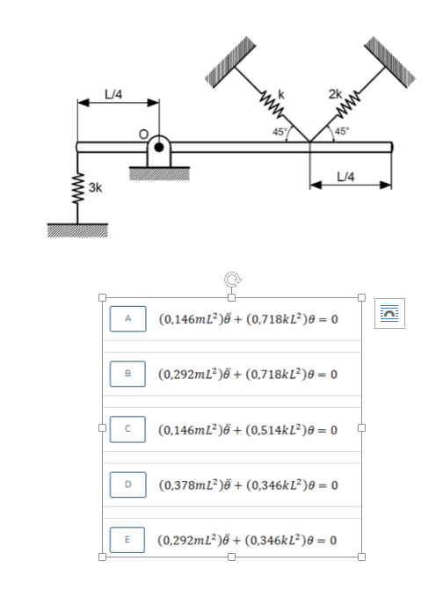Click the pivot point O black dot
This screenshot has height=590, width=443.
[x=159, y=147]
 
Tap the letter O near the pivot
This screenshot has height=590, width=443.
[x=143, y=134]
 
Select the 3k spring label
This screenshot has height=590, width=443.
[x=95, y=187]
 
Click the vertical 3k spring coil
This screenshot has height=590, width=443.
[x=77, y=189]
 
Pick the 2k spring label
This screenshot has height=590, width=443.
[x=335, y=93]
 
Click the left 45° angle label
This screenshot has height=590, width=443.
[x=280, y=132]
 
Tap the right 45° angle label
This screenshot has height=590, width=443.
[x=342, y=131]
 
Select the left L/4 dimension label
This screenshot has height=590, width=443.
[x=113, y=94]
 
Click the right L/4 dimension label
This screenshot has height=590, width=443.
[x=345, y=176]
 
